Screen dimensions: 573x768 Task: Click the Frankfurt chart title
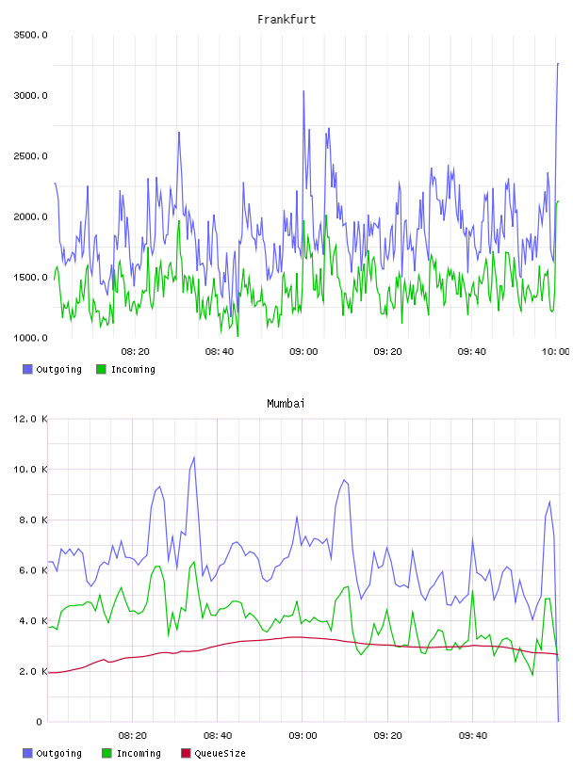[x=286, y=20]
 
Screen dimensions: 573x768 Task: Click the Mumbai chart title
[x=286, y=404]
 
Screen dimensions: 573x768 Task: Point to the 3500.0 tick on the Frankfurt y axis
[x=30, y=35]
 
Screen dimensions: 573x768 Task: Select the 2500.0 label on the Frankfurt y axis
[x=30, y=156]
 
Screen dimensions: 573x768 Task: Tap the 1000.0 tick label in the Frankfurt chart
[x=30, y=338]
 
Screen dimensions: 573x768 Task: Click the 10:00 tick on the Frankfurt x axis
[x=555, y=352]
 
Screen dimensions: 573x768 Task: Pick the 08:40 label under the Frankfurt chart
[x=220, y=352]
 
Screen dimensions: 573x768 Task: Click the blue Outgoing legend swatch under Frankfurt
[x=27, y=369]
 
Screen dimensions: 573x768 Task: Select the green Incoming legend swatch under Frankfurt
[x=101, y=369]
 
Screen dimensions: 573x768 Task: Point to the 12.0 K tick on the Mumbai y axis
[x=30, y=419]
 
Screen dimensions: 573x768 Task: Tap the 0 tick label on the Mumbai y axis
[x=40, y=722]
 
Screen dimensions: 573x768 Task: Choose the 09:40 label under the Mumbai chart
[x=473, y=736]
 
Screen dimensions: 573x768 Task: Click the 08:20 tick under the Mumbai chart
[x=133, y=736]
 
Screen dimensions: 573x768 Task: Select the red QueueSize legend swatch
[x=186, y=753]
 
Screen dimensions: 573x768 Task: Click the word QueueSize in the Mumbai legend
[x=220, y=753]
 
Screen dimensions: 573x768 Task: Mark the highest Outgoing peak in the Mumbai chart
[x=194, y=457]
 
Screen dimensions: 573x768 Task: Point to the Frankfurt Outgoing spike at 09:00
[x=303, y=91]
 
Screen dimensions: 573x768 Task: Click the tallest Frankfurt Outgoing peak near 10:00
[x=558, y=64]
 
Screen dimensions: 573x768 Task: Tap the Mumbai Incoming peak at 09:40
[x=472, y=591]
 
